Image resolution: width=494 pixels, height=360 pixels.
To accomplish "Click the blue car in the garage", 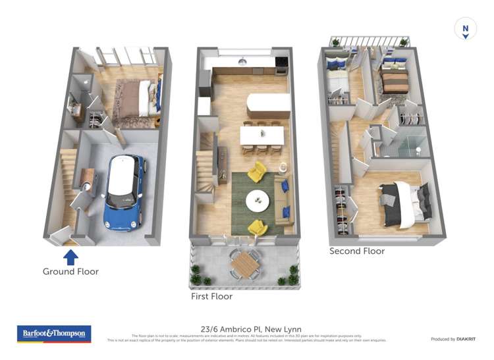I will click(x=123, y=192).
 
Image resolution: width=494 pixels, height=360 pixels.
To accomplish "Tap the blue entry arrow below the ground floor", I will click(x=70, y=255).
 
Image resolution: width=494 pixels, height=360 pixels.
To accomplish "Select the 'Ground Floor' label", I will click(x=70, y=271).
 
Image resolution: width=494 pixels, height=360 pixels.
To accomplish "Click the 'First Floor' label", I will click(x=211, y=297).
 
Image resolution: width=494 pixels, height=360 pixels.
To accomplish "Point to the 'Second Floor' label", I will click(x=357, y=251).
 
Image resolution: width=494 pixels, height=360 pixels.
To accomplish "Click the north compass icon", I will click(x=466, y=30).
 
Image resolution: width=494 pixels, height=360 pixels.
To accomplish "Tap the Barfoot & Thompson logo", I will click(x=55, y=334).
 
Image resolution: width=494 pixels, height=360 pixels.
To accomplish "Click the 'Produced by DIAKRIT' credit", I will click(x=453, y=339).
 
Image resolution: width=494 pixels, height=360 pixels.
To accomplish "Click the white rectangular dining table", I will click(x=262, y=135).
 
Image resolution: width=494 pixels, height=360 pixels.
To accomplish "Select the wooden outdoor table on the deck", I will click(x=245, y=265).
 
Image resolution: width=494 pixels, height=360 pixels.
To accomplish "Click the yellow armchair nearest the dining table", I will click(x=257, y=172).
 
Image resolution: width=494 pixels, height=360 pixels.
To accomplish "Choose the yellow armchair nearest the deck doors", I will click(x=257, y=226).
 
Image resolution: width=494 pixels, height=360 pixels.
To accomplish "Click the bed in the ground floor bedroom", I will click(x=137, y=99).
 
